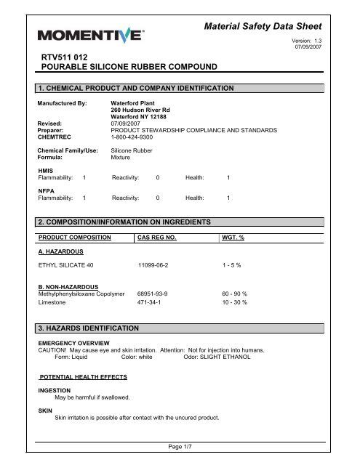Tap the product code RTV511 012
coord(70,55)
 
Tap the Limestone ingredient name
coord(53,302)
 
